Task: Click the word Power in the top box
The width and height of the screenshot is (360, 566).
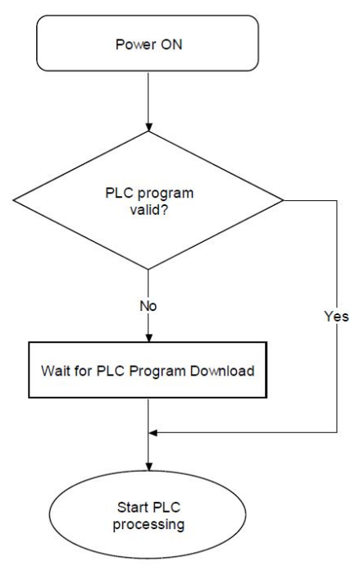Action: [x=136, y=44]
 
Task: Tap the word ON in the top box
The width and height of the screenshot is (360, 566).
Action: [x=171, y=44]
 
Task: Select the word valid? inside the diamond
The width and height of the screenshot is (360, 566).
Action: [x=149, y=210]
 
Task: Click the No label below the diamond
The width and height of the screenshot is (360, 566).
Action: [x=148, y=306]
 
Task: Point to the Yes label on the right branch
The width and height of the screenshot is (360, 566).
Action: [x=336, y=316]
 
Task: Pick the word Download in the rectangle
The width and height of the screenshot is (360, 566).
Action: [x=222, y=371]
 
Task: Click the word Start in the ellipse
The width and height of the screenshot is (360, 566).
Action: [x=133, y=507]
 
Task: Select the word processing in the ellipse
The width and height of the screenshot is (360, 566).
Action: [x=148, y=524]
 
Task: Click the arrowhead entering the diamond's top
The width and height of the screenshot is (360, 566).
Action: [x=148, y=126]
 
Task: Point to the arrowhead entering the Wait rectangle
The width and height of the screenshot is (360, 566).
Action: [x=148, y=337]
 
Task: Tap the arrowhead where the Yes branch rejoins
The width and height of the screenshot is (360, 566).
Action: [x=153, y=432]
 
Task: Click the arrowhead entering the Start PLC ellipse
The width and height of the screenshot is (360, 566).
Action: [x=148, y=467]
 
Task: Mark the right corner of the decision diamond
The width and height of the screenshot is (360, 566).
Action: [x=283, y=200]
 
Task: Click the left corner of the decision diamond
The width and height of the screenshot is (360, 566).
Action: [x=13, y=200]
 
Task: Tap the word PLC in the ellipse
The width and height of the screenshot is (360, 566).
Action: [x=166, y=507]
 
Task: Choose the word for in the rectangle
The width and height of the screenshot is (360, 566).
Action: [x=84, y=371]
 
